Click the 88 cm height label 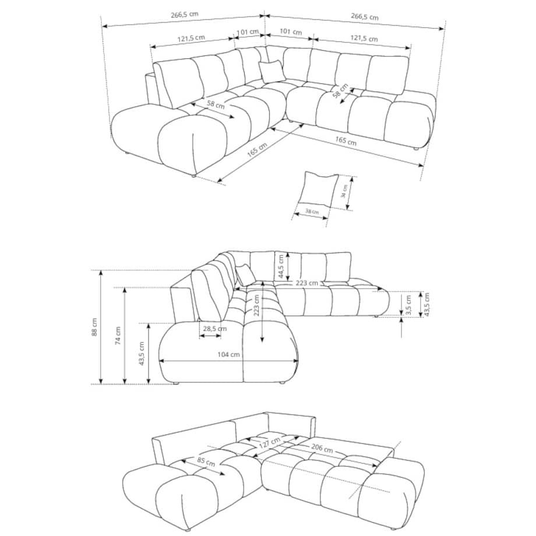pyautogui.click(x=95, y=327)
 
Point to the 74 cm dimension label pyautogui.click(x=118, y=336)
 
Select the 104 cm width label pyautogui.click(x=229, y=354)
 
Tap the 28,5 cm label pyautogui.click(x=214, y=329)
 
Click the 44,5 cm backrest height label pyautogui.click(x=281, y=266)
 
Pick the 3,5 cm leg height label pyautogui.click(x=408, y=305)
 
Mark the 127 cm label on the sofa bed pyautogui.click(x=270, y=443)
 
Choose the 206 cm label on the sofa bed pyautogui.click(x=322, y=447)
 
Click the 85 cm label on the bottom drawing pyautogui.click(x=206, y=461)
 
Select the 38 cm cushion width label pyautogui.click(x=312, y=211)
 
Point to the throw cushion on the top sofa pyautogui.click(x=272, y=71)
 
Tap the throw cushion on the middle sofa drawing pyautogui.click(x=245, y=274)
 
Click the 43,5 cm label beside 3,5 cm pyautogui.click(x=426, y=304)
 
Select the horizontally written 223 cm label pyautogui.click(x=306, y=283)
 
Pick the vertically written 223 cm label pyautogui.click(x=256, y=305)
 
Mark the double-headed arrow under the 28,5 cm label pyautogui.click(x=210, y=336)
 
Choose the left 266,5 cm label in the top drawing pyautogui.click(x=185, y=15)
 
